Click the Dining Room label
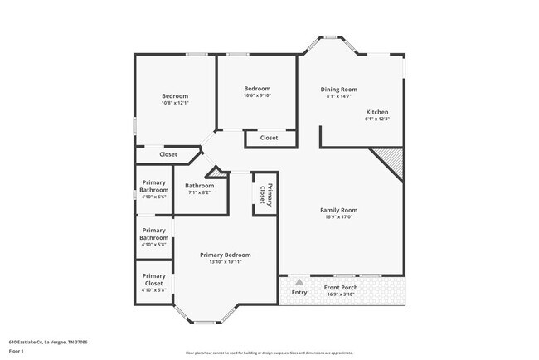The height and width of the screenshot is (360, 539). (339, 89)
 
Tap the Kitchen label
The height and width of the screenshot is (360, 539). (376, 112)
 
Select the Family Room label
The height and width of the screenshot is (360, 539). (338, 210)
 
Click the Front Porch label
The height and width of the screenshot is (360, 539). (342, 287)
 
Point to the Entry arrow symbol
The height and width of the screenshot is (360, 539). (299, 283)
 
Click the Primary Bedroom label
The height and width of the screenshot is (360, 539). (225, 255)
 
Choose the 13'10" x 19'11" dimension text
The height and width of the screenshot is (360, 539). (225, 262)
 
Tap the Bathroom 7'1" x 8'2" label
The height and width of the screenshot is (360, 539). (200, 186)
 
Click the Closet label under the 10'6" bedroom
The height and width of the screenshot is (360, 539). (269, 138)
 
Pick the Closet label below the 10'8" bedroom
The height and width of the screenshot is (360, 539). (168, 154)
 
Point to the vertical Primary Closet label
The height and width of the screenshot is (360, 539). (265, 195)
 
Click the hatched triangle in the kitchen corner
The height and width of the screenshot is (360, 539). (390, 158)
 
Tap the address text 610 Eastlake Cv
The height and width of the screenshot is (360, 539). (48, 342)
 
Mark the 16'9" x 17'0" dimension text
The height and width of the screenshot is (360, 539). (338, 217)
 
